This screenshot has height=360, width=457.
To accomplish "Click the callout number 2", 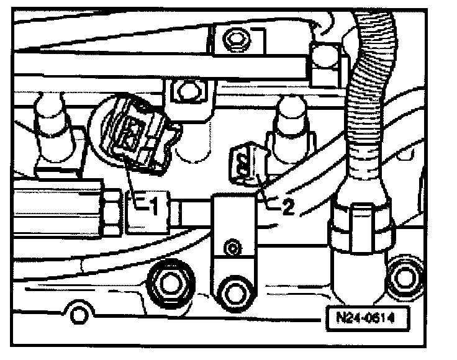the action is [x=287, y=207].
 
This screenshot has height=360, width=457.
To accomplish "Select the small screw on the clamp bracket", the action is [x=233, y=249].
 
